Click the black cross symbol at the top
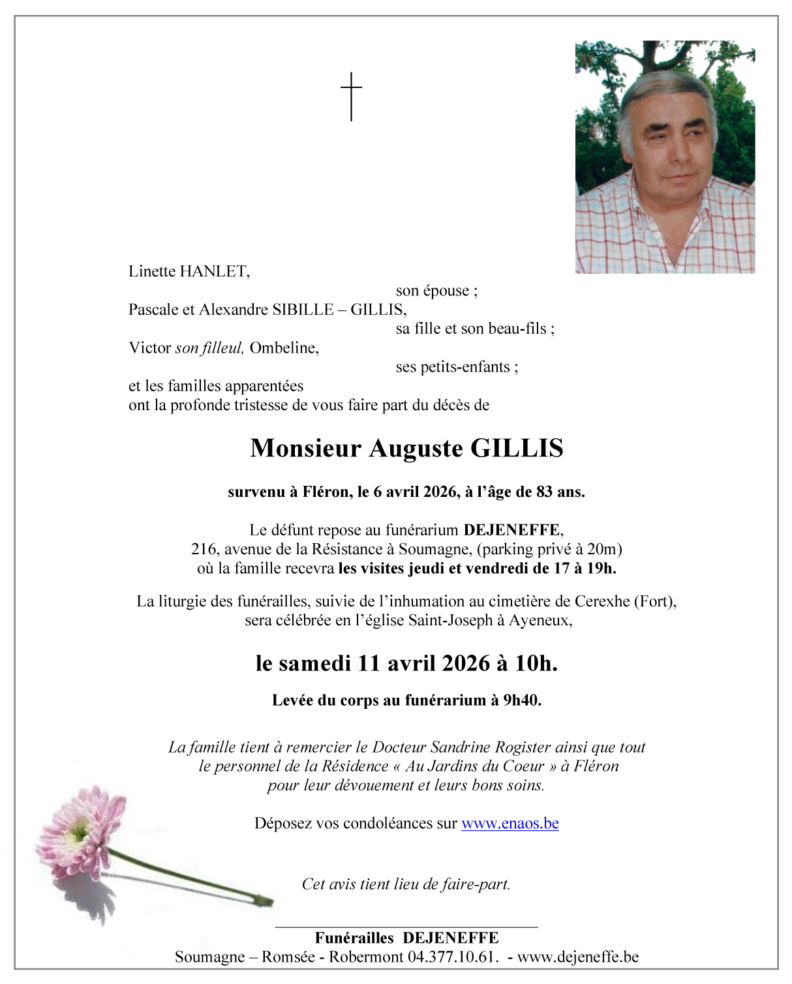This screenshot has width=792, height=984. tap(351, 96)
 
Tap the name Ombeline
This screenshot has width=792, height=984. tap(284, 348)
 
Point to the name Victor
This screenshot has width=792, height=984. tap(149, 348)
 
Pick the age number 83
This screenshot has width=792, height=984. tap(544, 492)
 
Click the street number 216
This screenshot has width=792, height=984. tap(204, 549)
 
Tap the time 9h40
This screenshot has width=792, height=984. tap(521, 700)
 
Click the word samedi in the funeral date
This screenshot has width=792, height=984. tap(315, 663)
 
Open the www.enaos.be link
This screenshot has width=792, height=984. tap(510, 824)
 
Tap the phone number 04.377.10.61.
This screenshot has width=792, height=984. tap(453, 957)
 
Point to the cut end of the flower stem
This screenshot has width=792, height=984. tap(269, 901)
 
